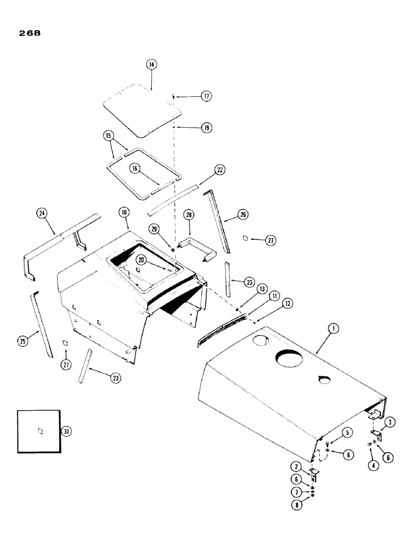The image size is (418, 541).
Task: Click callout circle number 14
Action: [151, 64]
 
